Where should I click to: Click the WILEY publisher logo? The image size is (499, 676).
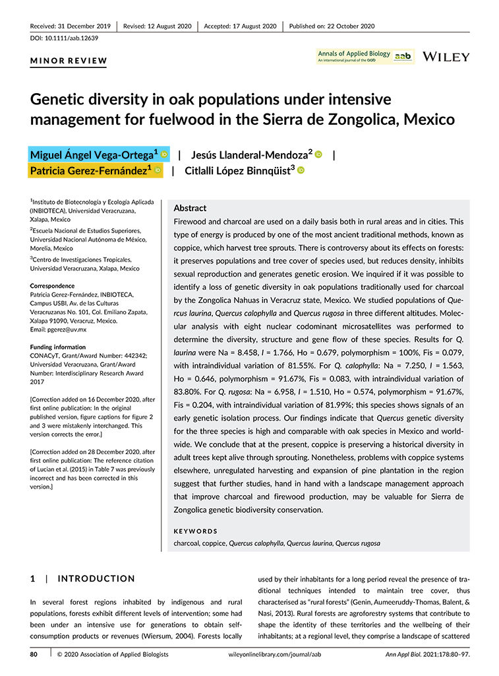point(446,57)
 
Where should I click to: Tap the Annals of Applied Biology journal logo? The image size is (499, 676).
point(365,57)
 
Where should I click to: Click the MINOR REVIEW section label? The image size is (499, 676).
point(69,61)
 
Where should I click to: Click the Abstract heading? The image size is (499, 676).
point(189,208)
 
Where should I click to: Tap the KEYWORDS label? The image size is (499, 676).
point(195,531)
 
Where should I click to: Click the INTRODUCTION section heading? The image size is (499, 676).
point(96,579)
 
